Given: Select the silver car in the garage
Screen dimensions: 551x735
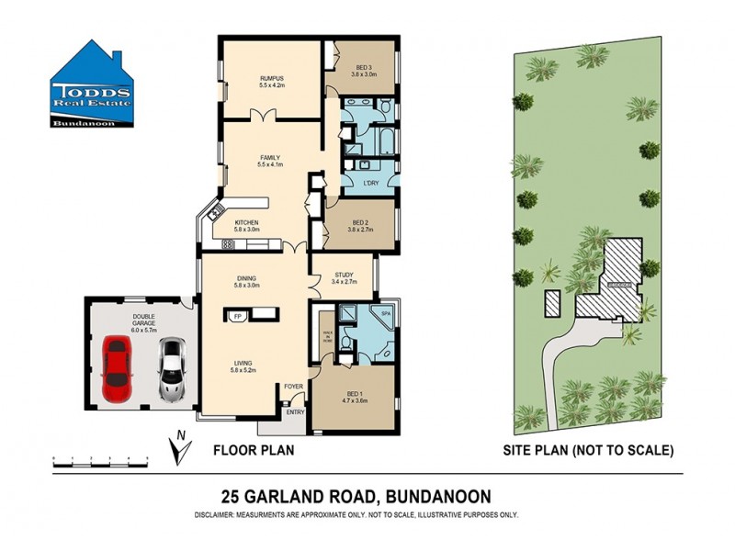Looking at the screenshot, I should point(171,369).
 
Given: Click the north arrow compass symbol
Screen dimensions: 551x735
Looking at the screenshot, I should point(180,448).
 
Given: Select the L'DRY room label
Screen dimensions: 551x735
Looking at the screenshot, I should point(371,183).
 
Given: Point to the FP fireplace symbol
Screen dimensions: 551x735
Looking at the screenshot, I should point(238,317).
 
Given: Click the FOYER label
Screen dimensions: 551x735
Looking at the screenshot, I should point(293,386).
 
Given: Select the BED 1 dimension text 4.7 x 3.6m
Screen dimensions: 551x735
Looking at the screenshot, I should point(354,399).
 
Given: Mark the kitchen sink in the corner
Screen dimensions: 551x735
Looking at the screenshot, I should point(215,213).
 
